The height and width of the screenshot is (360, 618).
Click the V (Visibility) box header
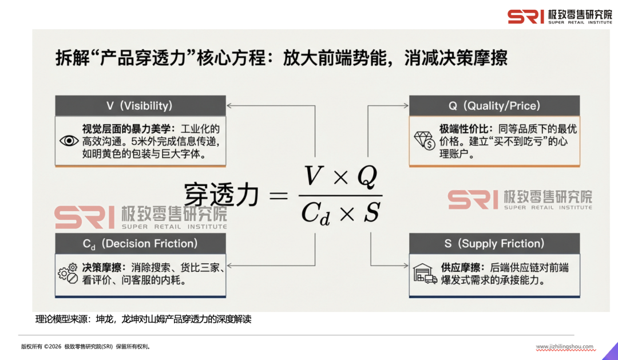point(140,106)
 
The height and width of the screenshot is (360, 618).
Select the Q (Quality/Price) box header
point(494,106)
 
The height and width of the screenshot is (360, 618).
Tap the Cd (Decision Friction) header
point(140,244)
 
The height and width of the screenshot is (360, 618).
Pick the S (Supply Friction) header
point(494,244)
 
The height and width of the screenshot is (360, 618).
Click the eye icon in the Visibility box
point(69,141)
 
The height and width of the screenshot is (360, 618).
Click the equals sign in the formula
point(278,195)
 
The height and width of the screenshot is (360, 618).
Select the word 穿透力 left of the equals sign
point(221,195)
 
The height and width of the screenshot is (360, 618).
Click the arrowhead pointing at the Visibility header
point(230,106)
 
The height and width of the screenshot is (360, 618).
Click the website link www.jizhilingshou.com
point(564,347)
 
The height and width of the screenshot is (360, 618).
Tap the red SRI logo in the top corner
point(525,16)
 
